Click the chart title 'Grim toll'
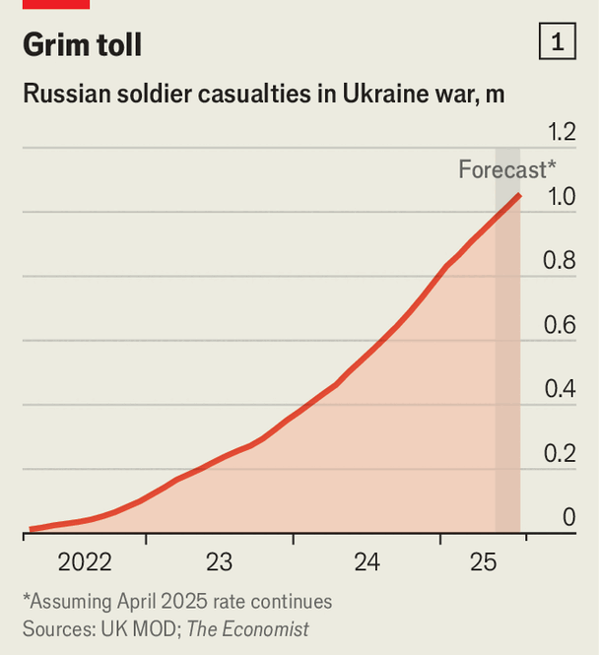point(82,44)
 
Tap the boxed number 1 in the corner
point(558,42)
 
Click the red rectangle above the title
point(56,4)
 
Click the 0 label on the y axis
point(568,517)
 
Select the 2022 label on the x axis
point(85,562)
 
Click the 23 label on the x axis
point(219,562)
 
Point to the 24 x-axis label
point(366,562)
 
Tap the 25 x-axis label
point(483,562)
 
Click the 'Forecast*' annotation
point(506,169)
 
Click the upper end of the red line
point(519,195)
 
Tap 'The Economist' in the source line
point(247,628)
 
